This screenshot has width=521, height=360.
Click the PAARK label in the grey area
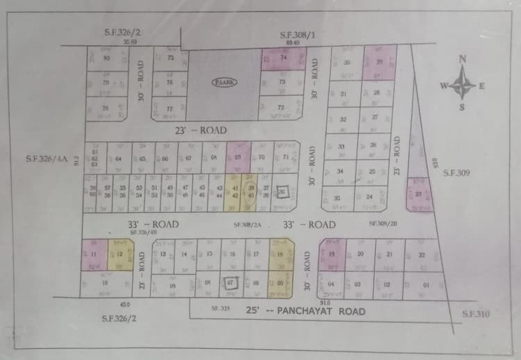(x=224, y=81)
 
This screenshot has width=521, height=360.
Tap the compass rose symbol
(x=463, y=86)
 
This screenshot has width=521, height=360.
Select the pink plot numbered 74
(x=283, y=59)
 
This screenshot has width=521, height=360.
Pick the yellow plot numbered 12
(x=119, y=255)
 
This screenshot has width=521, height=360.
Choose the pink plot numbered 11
(x=93, y=255)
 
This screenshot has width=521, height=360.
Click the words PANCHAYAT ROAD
(x=321, y=311)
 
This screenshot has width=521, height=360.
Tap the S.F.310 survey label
(x=476, y=314)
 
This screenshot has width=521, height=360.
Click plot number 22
(x=422, y=255)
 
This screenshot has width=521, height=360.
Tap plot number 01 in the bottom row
(x=426, y=285)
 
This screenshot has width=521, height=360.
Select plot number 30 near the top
(x=347, y=63)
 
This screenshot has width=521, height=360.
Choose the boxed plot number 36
(x=282, y=193)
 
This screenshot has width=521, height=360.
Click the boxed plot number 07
(x=232, y=283)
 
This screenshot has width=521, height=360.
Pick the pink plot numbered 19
(x=332, y=254)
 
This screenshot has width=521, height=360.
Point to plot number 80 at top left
(x=106, y=58)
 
